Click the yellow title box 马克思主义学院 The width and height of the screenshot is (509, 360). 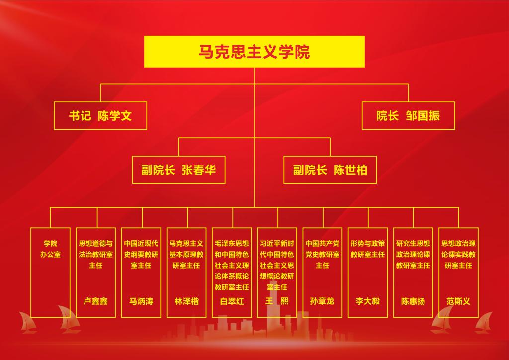point(254,52)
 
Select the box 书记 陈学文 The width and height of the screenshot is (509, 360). point(100,116)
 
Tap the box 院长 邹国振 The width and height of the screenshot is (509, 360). point(408,116)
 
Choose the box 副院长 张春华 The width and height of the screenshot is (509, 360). point(178,170)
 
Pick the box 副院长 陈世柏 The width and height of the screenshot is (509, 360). point(330,170)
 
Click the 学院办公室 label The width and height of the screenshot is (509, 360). point(50,249)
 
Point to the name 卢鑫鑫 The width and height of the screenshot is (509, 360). point(96,301)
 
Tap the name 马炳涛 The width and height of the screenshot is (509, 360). point(141,301)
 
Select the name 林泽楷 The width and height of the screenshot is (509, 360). point(186,301)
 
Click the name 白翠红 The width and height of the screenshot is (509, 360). point(232,301)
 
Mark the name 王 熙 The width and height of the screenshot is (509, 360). point(277,301)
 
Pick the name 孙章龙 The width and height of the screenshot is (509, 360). point(322,301)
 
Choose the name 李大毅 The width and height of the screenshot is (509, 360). point(368,301)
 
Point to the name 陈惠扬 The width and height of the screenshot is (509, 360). point(413,301)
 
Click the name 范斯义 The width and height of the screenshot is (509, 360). point(458,301)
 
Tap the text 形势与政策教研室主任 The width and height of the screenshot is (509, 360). point(368,249)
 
